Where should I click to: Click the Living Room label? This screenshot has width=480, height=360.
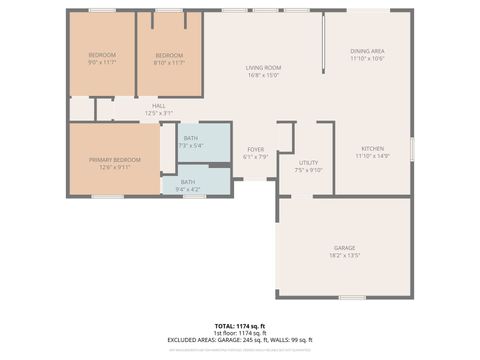point(263,67)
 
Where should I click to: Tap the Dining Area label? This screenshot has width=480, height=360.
point(367,51)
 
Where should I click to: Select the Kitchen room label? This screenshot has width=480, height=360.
point(372,148)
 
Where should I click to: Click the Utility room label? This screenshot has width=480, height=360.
point(309,162)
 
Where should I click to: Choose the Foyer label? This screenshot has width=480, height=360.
point(256,149)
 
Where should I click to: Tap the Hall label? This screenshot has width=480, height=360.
point(158,105)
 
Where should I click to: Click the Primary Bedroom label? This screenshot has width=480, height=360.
point(114,159)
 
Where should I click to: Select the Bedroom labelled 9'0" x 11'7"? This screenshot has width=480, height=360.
point(102,54)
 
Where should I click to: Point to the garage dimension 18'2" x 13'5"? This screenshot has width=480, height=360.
point(344,255)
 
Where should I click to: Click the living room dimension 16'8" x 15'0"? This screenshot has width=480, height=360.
point(263,75)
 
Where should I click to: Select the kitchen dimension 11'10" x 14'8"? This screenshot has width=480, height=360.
point(372,156)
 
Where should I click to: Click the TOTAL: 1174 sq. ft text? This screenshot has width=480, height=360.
point(240,325)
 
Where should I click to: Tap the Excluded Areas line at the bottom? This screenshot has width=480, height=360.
point(240,340)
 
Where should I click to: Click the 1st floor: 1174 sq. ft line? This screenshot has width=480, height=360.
point(240,333)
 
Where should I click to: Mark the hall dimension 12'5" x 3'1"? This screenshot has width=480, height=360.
point(158,113)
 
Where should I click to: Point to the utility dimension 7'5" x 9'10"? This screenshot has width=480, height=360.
point(309,170)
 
